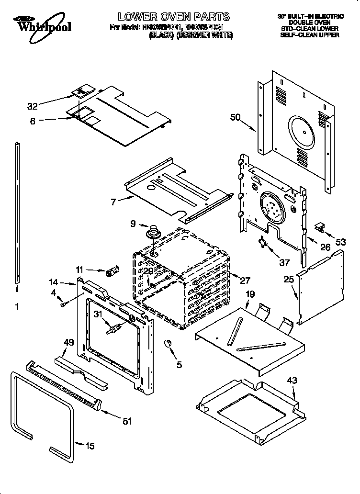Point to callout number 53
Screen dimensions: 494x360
click(x=340, y=242)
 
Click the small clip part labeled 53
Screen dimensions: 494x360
click(x=320, y=227)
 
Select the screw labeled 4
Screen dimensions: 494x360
click(x=64, y=303)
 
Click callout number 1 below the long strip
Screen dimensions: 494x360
click(x=17, y=307)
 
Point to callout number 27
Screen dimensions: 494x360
click(x=246, y=281)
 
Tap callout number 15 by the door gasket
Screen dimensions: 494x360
click(x=90, y=446)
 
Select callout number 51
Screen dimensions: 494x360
click(x=127, y=421)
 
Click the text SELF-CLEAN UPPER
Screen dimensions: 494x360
click(x=309, y=35)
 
